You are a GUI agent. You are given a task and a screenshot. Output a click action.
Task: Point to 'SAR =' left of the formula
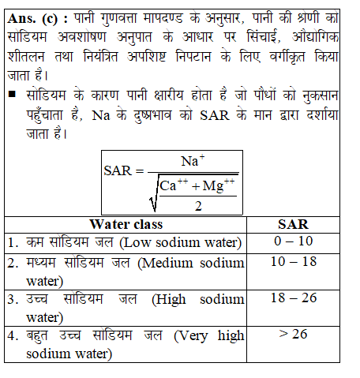(x=125, y=171)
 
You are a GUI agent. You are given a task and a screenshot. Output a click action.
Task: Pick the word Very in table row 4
(x=191, y=337)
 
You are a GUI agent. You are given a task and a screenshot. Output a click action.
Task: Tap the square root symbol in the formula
(x=152, y=197)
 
